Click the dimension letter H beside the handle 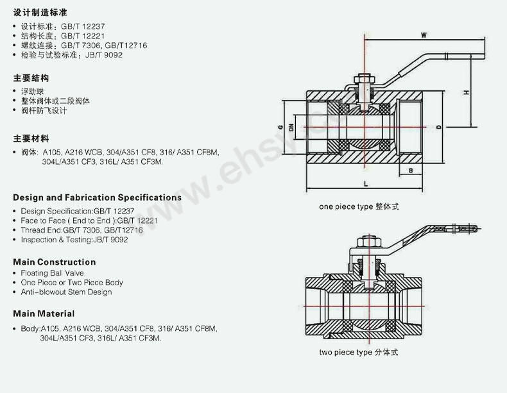point(467,93)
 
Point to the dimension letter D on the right point(438,128)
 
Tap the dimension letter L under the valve point(365,184)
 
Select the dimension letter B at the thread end point(409,170)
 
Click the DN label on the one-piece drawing point(291,128)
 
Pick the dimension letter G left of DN point(280,128)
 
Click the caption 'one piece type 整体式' point(359,207)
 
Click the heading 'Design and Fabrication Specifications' point(97,197)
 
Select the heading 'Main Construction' point(54,262)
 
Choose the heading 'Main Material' point(44,314)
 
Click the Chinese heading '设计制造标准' point(40,13)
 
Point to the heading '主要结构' point(31,78)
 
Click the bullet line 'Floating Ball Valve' point(52,272)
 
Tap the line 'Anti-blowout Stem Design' point(66,292)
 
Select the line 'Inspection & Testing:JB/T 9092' point(74,240)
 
